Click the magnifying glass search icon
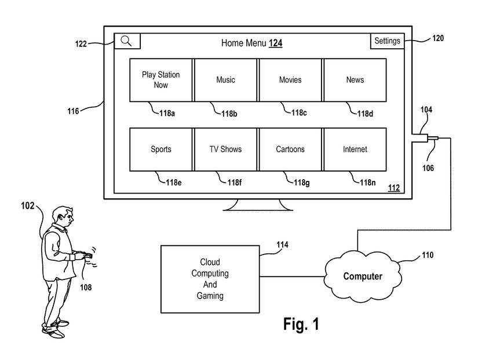pyautogui.click(x=127, y=41)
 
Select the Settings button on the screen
pyautogui.click(x=387, y=41)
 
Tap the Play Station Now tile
pyautogui.click(x=161, y=80)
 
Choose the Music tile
pyautogui.click(x=225, y=80)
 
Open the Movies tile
pyautogui.click(x=290, y=80)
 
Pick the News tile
pyautogui.click(x=355, y=80)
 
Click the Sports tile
pyautogui.click(x=161, y=150)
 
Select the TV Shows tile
pyautogui.click(x=225, y=150)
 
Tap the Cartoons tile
pyautogui.click(x=290, y=150)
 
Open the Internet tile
pyautogui.click(x=355, y=150)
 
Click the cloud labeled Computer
pyautogui.click(x=363, y=276)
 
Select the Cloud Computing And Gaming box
pyautogui.click(x=210, y=279)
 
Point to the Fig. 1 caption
pyautogui.click(x=301, y=324)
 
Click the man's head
pyautogui.click(x=63, y=216)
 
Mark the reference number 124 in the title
pyautogui.click(x=276, y=43)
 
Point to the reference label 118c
pyautogui.click(x=299, y=112)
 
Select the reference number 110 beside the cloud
pyautogui.click(x=427, y=254)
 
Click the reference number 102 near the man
pyautogui.click(x=27, y=205)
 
